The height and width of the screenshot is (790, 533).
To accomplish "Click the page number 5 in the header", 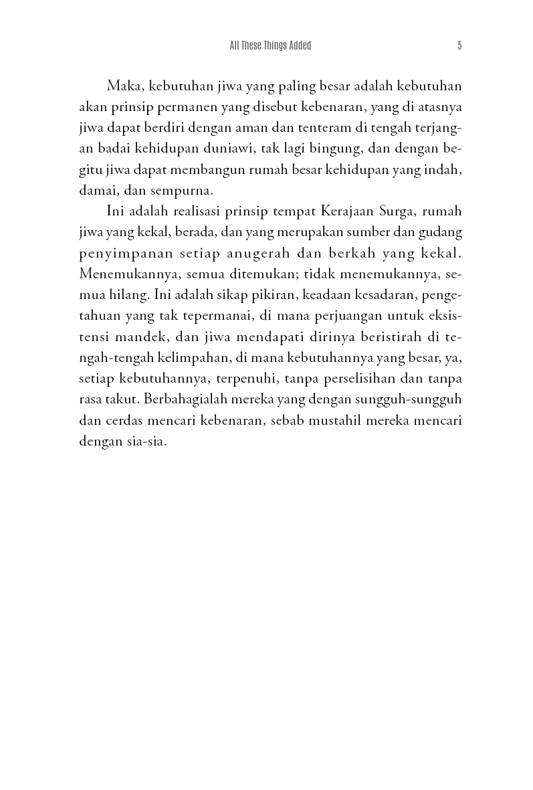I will (459, 45).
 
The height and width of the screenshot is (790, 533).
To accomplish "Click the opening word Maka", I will (124, 87).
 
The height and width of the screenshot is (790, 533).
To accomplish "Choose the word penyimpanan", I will (118, 254).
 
